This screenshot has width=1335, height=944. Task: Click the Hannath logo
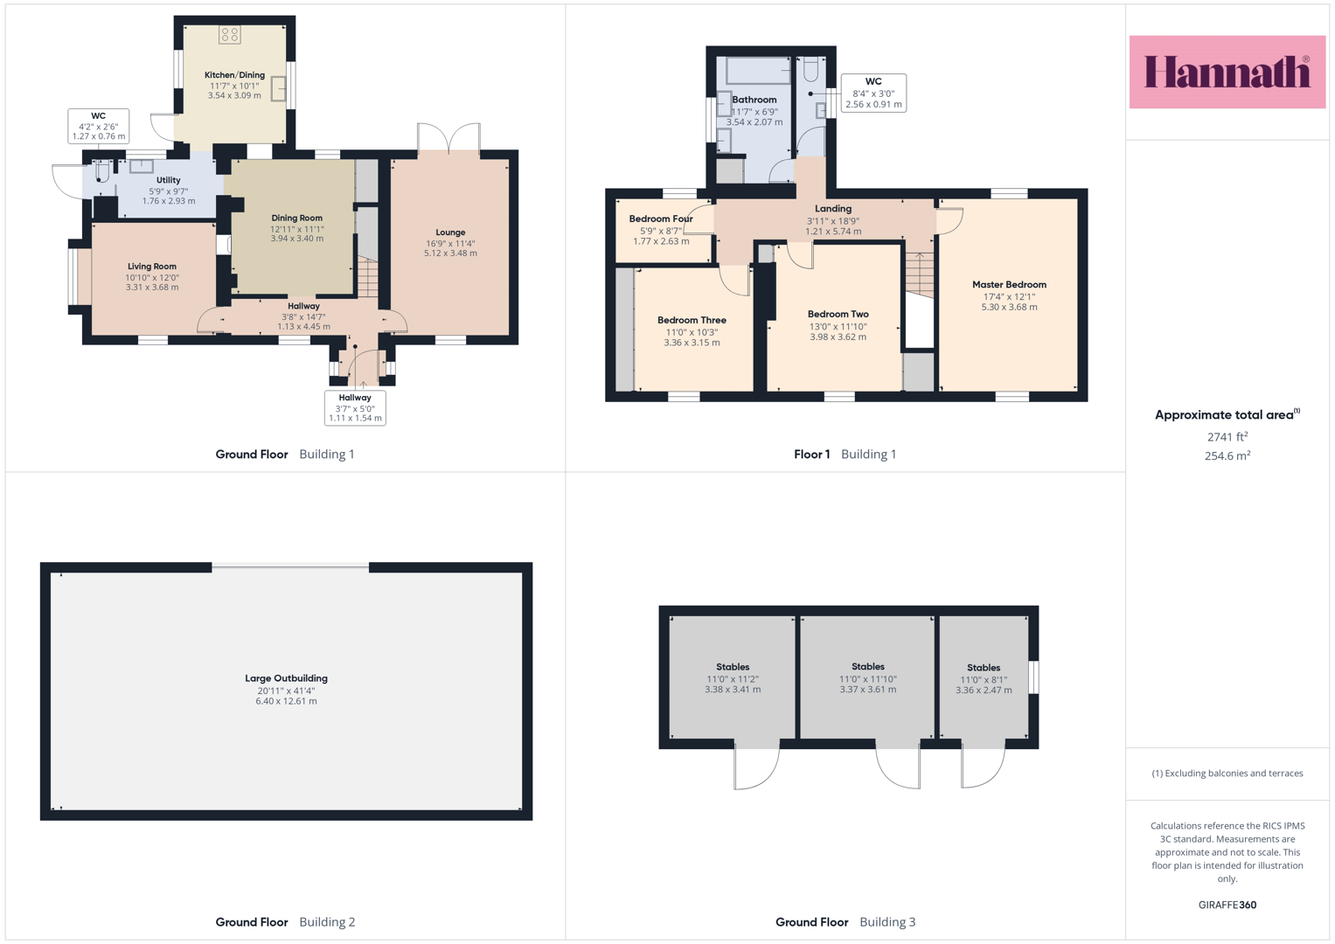click(x=1227, y=72)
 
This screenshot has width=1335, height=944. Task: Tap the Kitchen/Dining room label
click(x=234, y=75)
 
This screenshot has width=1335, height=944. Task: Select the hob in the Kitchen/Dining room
click(x=229, y=35)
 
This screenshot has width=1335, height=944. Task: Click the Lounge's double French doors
click(x=448, y=137)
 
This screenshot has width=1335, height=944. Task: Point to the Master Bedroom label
click(x=1009, y=285)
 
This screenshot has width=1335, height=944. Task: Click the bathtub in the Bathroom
click(x=758, y=70)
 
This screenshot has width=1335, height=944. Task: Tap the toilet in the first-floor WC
click(x=810, y=69)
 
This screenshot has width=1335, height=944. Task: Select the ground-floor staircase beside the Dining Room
click(x=367, y=277)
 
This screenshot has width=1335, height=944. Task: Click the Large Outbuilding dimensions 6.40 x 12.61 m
click(x=286, y=701)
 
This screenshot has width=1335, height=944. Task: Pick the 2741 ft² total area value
click(x=1227, y=437)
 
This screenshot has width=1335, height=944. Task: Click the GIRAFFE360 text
click(x=1227, y=905)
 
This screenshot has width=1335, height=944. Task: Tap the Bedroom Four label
click(x=661, y=219)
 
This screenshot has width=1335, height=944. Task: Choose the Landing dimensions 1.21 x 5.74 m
click(x=833, y=232)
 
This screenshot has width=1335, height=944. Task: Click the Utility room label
click(x=168, y=180)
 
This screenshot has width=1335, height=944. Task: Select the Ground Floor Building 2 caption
click(x=285, y=922)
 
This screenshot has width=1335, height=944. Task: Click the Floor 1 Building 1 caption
click(x=845, y=455)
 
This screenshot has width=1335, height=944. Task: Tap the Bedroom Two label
click(x=838, y=314)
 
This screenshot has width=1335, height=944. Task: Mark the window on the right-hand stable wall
click(x=1034, y=677)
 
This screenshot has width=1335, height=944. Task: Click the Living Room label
click(x=152, y=267)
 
